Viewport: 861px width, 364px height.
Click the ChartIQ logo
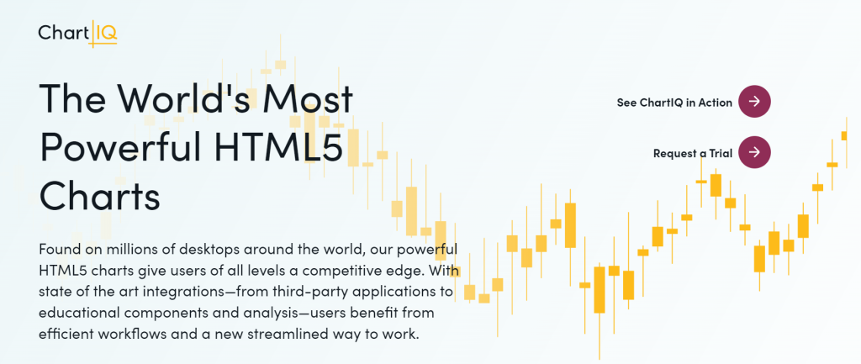[x=77, y=34]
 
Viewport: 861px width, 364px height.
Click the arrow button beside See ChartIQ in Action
[x=754, y=102]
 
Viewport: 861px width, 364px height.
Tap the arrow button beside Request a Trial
[x=754, y=152]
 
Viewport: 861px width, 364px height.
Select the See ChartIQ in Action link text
[x=674, y=103]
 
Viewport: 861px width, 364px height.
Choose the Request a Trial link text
[x=693, y=153]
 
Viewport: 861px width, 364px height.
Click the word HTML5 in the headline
[x=278, y=146]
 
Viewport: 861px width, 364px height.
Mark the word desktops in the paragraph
[x=208, y=250]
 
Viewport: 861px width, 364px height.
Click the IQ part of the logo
[x=106, y=34]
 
